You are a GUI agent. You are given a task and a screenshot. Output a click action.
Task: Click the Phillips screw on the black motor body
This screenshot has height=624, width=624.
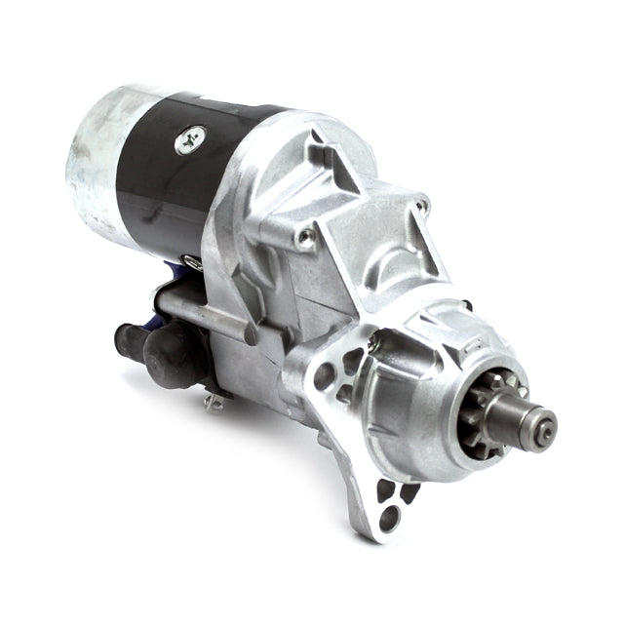coord(190,140)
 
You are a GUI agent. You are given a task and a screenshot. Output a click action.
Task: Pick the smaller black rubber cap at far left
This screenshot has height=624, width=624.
coord(128,338)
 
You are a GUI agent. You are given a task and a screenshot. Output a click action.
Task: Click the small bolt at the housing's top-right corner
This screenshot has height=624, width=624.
coord(421,205)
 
